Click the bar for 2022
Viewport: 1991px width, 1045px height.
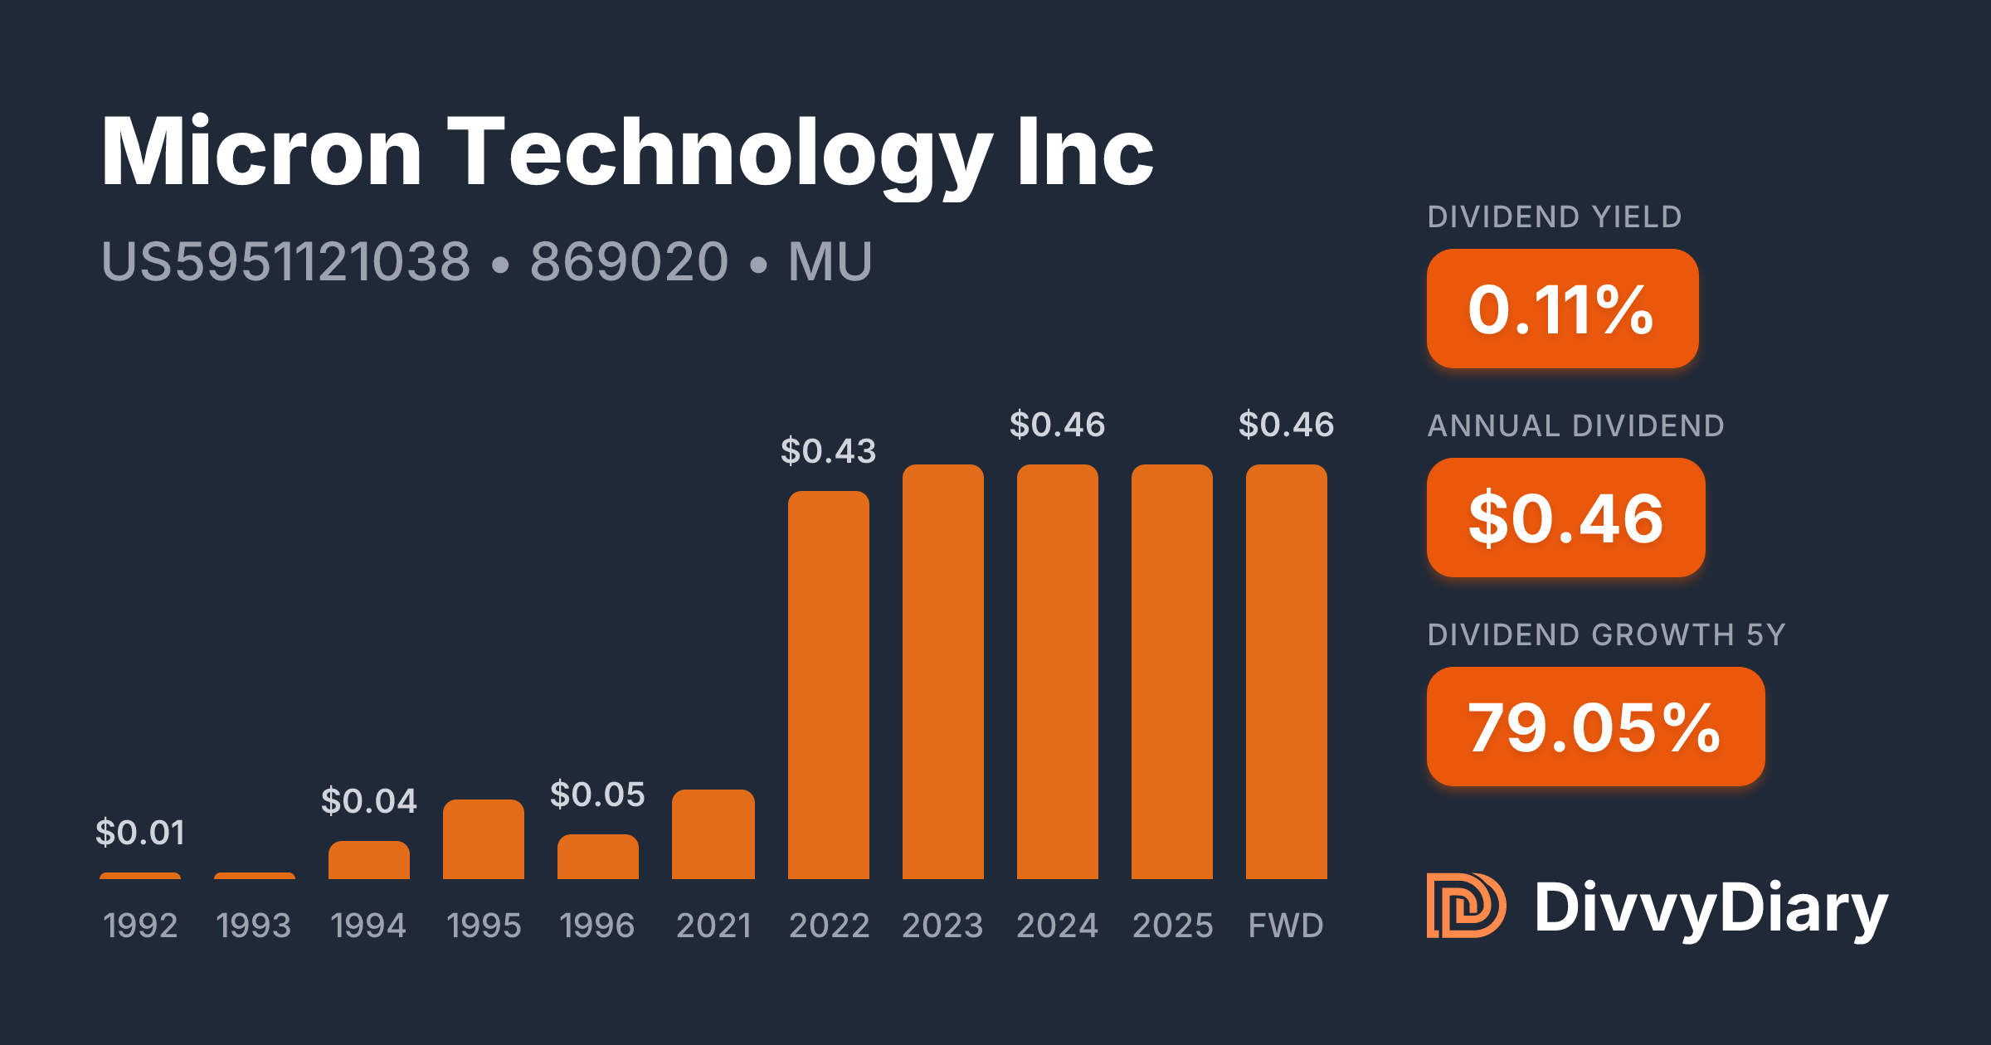coord(828,684)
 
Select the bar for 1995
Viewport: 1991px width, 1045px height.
coord(484,839)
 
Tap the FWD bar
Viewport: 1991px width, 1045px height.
coord(1286,672)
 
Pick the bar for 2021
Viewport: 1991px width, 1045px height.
coord(713,834)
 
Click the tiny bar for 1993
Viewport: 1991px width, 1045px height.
coord(255,875)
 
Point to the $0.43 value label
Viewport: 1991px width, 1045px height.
coord(828,451)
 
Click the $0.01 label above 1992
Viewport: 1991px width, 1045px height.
coord(140,833)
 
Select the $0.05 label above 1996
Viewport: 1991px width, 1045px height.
coord(597,795)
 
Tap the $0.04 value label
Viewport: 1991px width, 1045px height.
coord(369,801)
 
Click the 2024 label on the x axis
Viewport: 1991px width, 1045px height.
coord(1057,926)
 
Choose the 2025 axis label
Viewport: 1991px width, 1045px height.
coord(1172,926)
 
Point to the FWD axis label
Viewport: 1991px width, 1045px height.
coord(1286,926)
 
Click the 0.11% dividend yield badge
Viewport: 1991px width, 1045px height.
coord(1562,309)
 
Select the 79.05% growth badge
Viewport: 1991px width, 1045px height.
coord(1595,727)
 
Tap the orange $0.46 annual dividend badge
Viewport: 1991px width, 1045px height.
coord(1565,518)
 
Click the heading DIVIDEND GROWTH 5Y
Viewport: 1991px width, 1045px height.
coord(1606,634)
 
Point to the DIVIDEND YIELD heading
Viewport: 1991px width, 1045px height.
coord(1554,217)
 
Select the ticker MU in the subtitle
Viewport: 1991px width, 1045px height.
coord(830,262)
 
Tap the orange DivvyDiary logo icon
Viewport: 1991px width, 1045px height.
coord(1466,906)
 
